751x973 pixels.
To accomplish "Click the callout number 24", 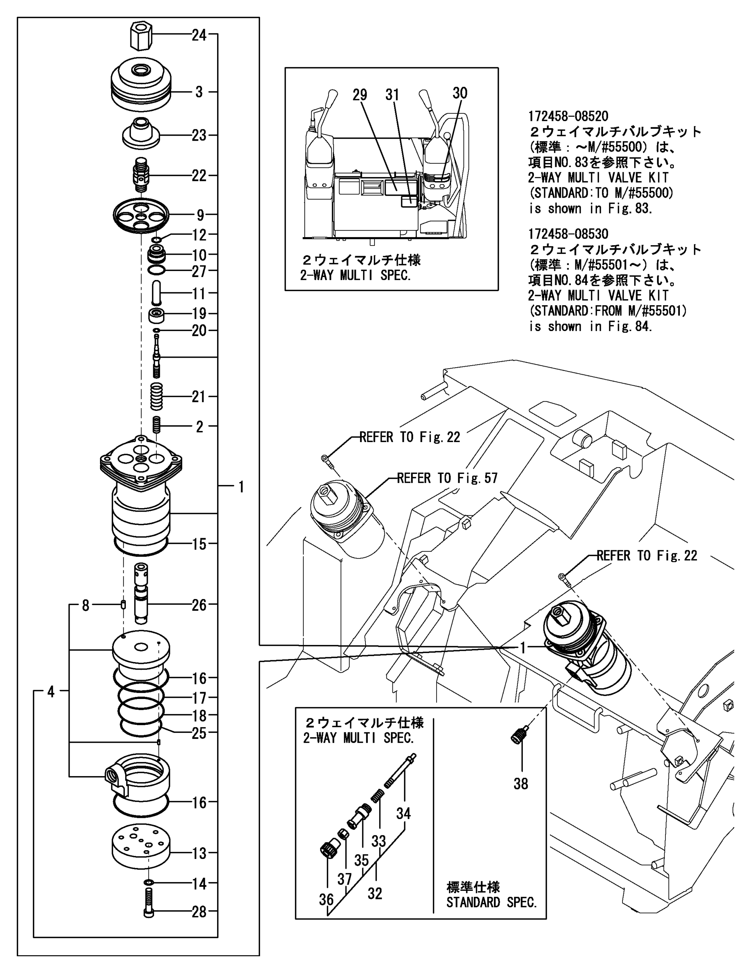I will coord(199,35).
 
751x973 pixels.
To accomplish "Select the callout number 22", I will coord(199,176).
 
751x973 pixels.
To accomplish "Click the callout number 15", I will coord(199,544).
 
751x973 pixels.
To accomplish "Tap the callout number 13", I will coord(199,853).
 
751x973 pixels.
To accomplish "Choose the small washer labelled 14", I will coord(148,883).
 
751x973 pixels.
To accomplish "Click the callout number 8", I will coord(85,605).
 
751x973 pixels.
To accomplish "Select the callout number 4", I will coord(51,691).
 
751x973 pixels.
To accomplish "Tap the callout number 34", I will coord(403,813).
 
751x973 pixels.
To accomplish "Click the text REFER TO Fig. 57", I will coord(446,479).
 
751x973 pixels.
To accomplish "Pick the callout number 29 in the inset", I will coord(360,95).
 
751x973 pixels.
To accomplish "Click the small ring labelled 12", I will coord(156,240).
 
